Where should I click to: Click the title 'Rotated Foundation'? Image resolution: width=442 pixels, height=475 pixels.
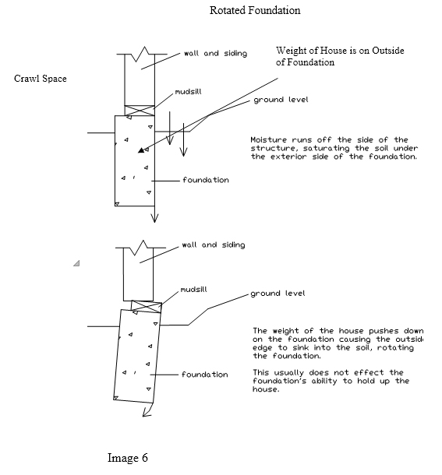(x=255, y=10)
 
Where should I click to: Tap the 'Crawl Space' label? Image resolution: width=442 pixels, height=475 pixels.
(x=41, y=79)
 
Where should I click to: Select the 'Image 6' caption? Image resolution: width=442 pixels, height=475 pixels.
(x=128, y=458)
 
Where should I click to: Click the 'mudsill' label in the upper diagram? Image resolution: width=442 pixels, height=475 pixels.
(x=189, y=91)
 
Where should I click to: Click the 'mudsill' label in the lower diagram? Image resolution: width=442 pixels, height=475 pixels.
(x=194, y=290)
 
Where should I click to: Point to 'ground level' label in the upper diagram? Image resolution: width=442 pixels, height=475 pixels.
(x=281, y=100)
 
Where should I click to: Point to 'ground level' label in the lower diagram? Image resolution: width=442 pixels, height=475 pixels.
(x=278, y=294)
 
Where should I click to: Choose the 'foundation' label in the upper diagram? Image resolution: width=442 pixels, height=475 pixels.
(x=206, y=180)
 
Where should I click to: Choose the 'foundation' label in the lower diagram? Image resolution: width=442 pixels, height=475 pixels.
(x=205, y=375)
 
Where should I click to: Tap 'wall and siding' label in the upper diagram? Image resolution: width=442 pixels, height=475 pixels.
(x=215, y=54)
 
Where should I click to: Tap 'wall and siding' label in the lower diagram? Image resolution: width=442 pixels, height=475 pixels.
(x=214, y=245)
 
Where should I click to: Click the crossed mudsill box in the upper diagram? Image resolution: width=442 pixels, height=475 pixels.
(x=140, y=111)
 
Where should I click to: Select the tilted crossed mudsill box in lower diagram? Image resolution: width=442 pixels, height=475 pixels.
(x=147, y=307)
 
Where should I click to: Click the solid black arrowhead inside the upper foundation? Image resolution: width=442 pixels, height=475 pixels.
(x=141, y=150)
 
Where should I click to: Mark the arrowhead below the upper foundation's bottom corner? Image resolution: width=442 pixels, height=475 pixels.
(x=154, y=218)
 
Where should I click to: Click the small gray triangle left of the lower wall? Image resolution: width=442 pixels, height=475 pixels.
(x=76, y=263)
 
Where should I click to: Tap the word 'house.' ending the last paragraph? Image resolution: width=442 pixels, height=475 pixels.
(x=266, y=389)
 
